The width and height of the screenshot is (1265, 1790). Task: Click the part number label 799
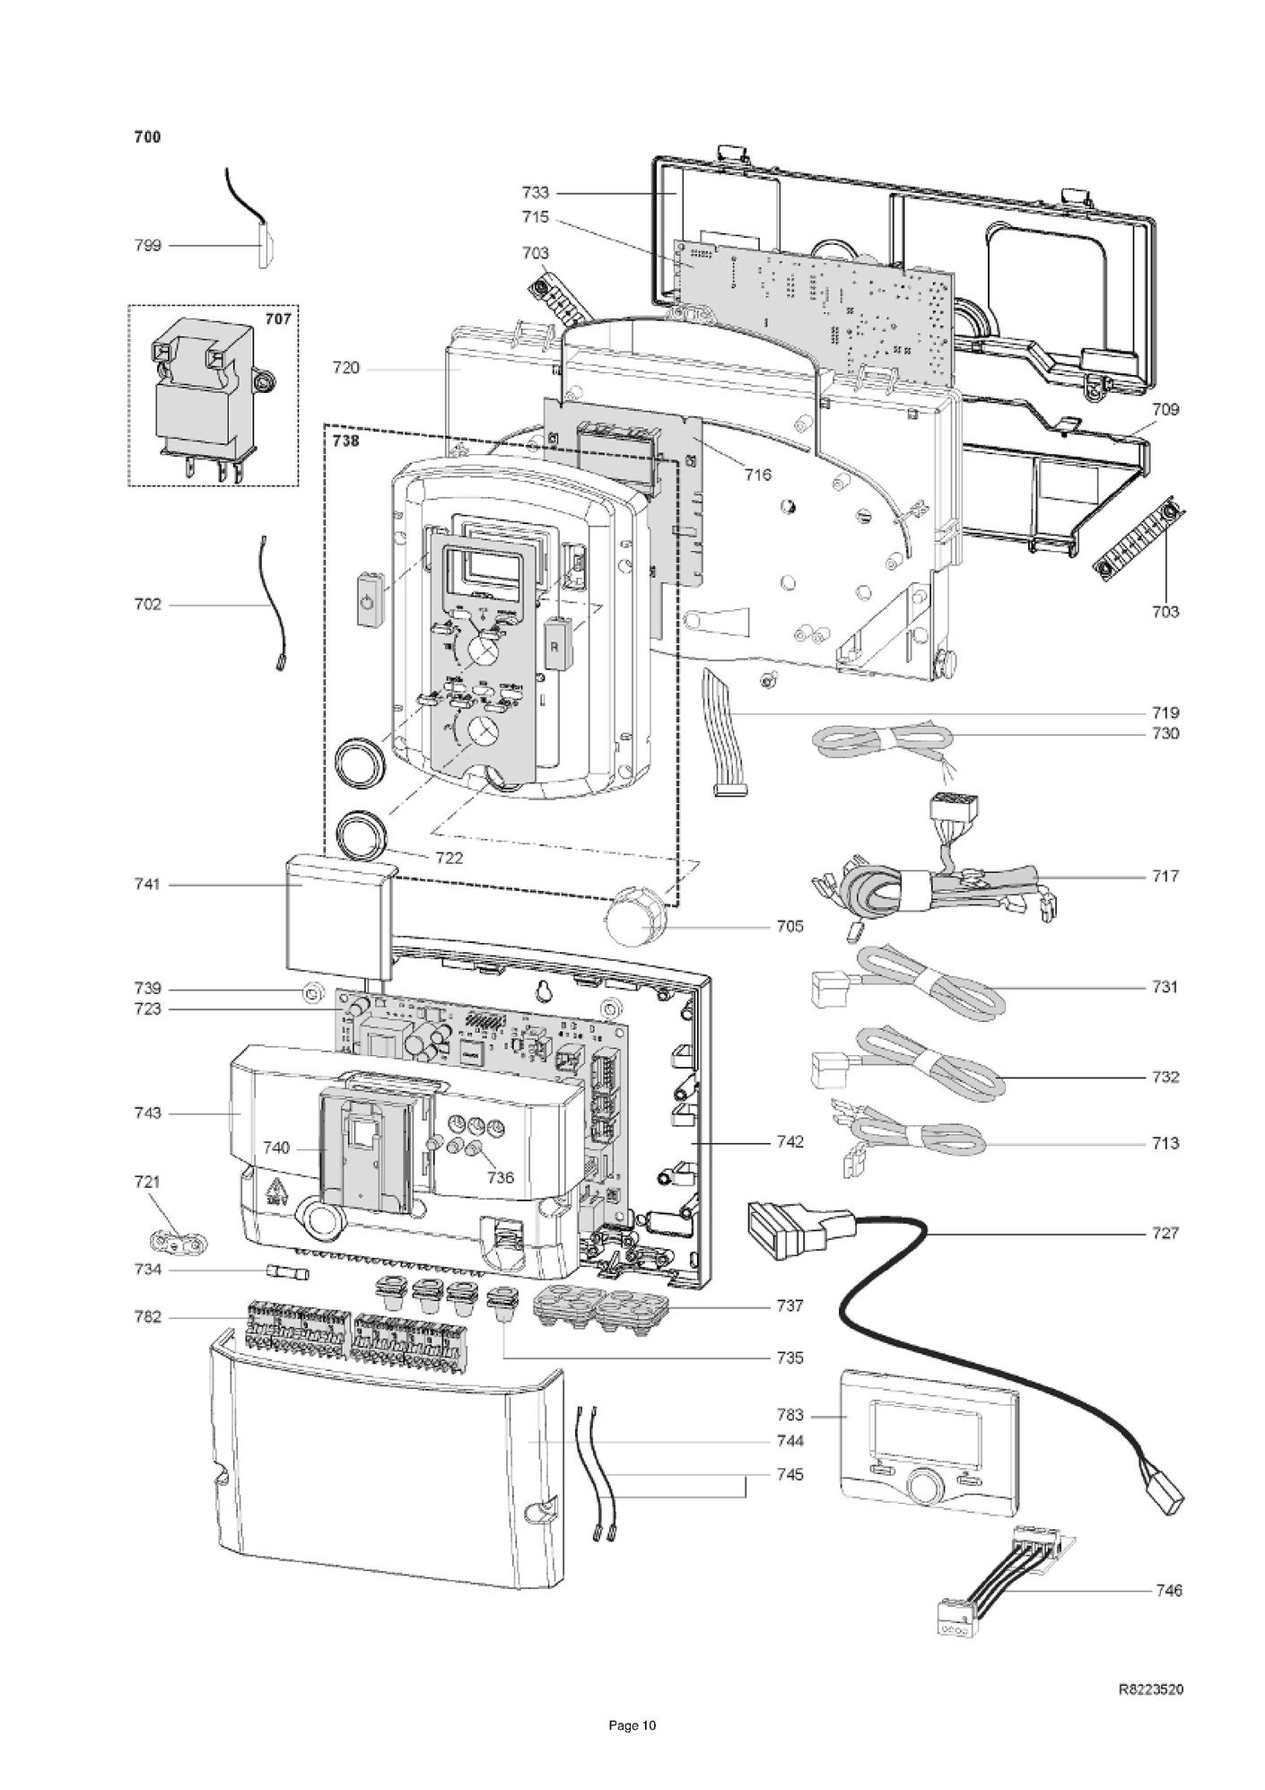tap(147, 246)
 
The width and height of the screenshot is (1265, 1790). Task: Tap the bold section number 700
tap(147, 137)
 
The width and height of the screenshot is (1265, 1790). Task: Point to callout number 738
tap(345, 441)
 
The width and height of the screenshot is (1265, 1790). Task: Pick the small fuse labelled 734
tap(287, 1272)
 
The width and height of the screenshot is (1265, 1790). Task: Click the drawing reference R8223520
tap(1150, 1690)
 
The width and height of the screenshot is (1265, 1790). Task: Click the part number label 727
tap(1165, 1233)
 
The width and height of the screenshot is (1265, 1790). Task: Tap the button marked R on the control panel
tap(555, 646)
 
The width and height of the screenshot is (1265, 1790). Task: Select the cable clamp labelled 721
tap(179, 1242)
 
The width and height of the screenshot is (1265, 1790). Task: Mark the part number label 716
tap(758, 475)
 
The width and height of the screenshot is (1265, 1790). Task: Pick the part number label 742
tap(790, 1142)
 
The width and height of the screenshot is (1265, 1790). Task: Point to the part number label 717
tap(1165, 876)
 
